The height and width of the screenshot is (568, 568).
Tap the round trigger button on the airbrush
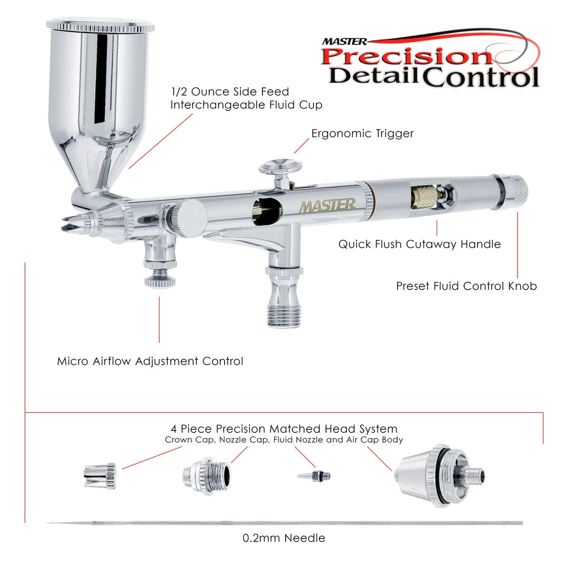tap(280, 166)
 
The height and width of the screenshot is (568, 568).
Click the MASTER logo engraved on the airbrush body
tap(328, 206)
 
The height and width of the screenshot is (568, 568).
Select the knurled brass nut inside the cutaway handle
tap(423, 197)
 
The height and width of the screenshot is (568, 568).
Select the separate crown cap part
tap(100, 476)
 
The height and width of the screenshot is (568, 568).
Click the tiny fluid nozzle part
tap(314, 475)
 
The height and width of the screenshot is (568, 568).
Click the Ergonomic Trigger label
tap(362, 133)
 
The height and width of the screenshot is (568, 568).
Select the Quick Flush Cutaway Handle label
tap(420, 244)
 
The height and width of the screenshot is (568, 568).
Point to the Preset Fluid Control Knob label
tap(466, 286)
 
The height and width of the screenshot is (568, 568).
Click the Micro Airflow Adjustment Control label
tap(150, 361)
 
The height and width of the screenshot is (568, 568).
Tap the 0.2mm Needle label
tap(283, 537)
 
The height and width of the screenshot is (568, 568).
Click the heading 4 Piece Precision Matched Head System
tap(284, 429)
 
